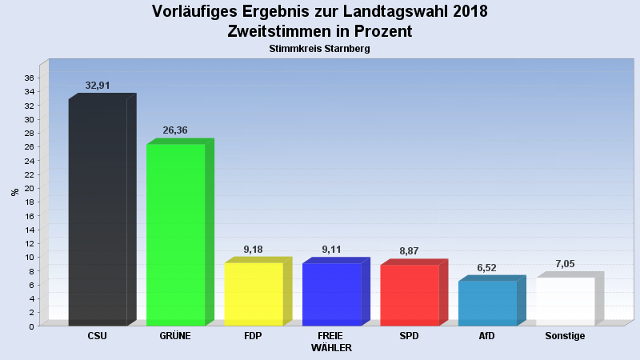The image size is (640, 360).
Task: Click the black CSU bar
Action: coord(98,212)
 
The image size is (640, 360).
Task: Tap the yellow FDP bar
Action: coord(253,294)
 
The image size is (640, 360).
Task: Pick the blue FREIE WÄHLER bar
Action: coord(331,294)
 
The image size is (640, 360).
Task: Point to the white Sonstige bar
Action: coord(565,301)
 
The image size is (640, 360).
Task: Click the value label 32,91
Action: coord(98,86)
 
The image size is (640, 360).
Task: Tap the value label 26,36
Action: coord(175,130)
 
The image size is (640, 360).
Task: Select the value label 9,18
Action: coord(253,250)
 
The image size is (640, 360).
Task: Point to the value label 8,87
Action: coord(409,251)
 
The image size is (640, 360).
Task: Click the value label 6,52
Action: coord(487,268)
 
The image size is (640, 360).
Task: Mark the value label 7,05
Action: coord(565,264)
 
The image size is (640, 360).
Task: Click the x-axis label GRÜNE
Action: coord(175,336)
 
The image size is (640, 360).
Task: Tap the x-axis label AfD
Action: coord(487,336)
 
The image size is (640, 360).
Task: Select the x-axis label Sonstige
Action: coord(565,336)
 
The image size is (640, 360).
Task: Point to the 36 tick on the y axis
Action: coord(29,78)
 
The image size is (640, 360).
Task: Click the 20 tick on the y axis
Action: coord(29,188)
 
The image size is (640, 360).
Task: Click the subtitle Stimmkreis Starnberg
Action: coord(320,49)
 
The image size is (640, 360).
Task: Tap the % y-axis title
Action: coord(14,192)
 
